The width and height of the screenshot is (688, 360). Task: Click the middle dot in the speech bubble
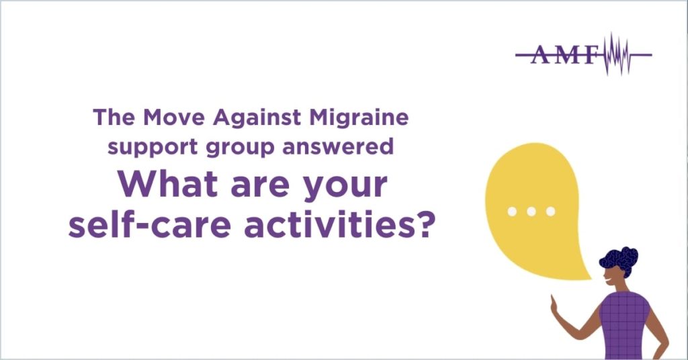(531, 212)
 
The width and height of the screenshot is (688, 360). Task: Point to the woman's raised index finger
(552, 301)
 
